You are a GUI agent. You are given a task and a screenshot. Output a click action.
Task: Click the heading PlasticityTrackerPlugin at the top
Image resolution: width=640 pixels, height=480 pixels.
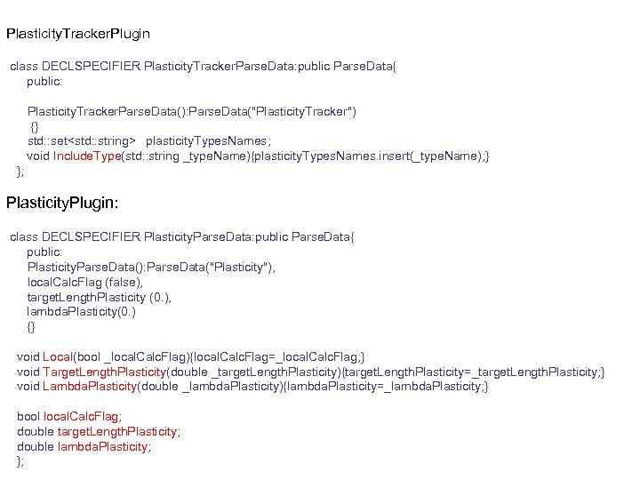click(78, 35)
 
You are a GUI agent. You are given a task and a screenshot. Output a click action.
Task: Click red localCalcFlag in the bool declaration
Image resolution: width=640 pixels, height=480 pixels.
click(83, 416)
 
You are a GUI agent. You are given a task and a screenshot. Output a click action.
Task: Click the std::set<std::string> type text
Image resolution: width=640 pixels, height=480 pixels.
click(82, 140)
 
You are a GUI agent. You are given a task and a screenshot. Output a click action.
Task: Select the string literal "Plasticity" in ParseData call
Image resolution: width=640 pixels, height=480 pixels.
click(243, 267)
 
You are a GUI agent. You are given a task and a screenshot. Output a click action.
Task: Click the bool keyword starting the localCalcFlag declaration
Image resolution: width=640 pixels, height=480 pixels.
click(28, 416)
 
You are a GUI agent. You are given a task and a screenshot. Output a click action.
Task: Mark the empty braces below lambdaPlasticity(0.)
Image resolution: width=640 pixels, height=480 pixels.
click(31, 327)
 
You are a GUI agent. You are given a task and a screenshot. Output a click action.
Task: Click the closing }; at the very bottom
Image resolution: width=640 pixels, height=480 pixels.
click(20, 461)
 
